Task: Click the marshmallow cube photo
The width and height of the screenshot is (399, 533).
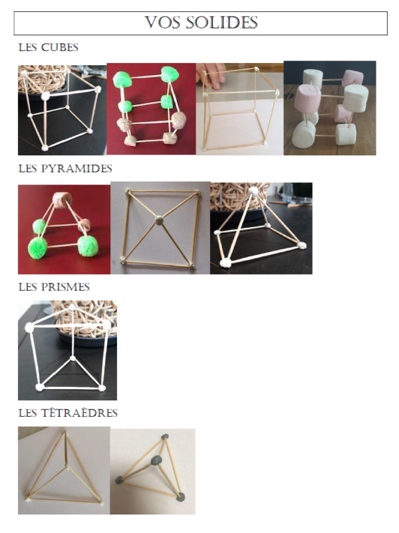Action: click(329, 108)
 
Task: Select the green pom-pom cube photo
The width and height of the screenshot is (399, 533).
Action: click(151, 109)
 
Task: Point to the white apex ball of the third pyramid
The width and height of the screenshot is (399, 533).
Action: click(253, 191)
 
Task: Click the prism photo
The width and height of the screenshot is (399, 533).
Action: click(67, 350)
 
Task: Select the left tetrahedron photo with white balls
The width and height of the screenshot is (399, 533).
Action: click(64, 471)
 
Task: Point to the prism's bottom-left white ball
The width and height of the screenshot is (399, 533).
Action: click(39, 386)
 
